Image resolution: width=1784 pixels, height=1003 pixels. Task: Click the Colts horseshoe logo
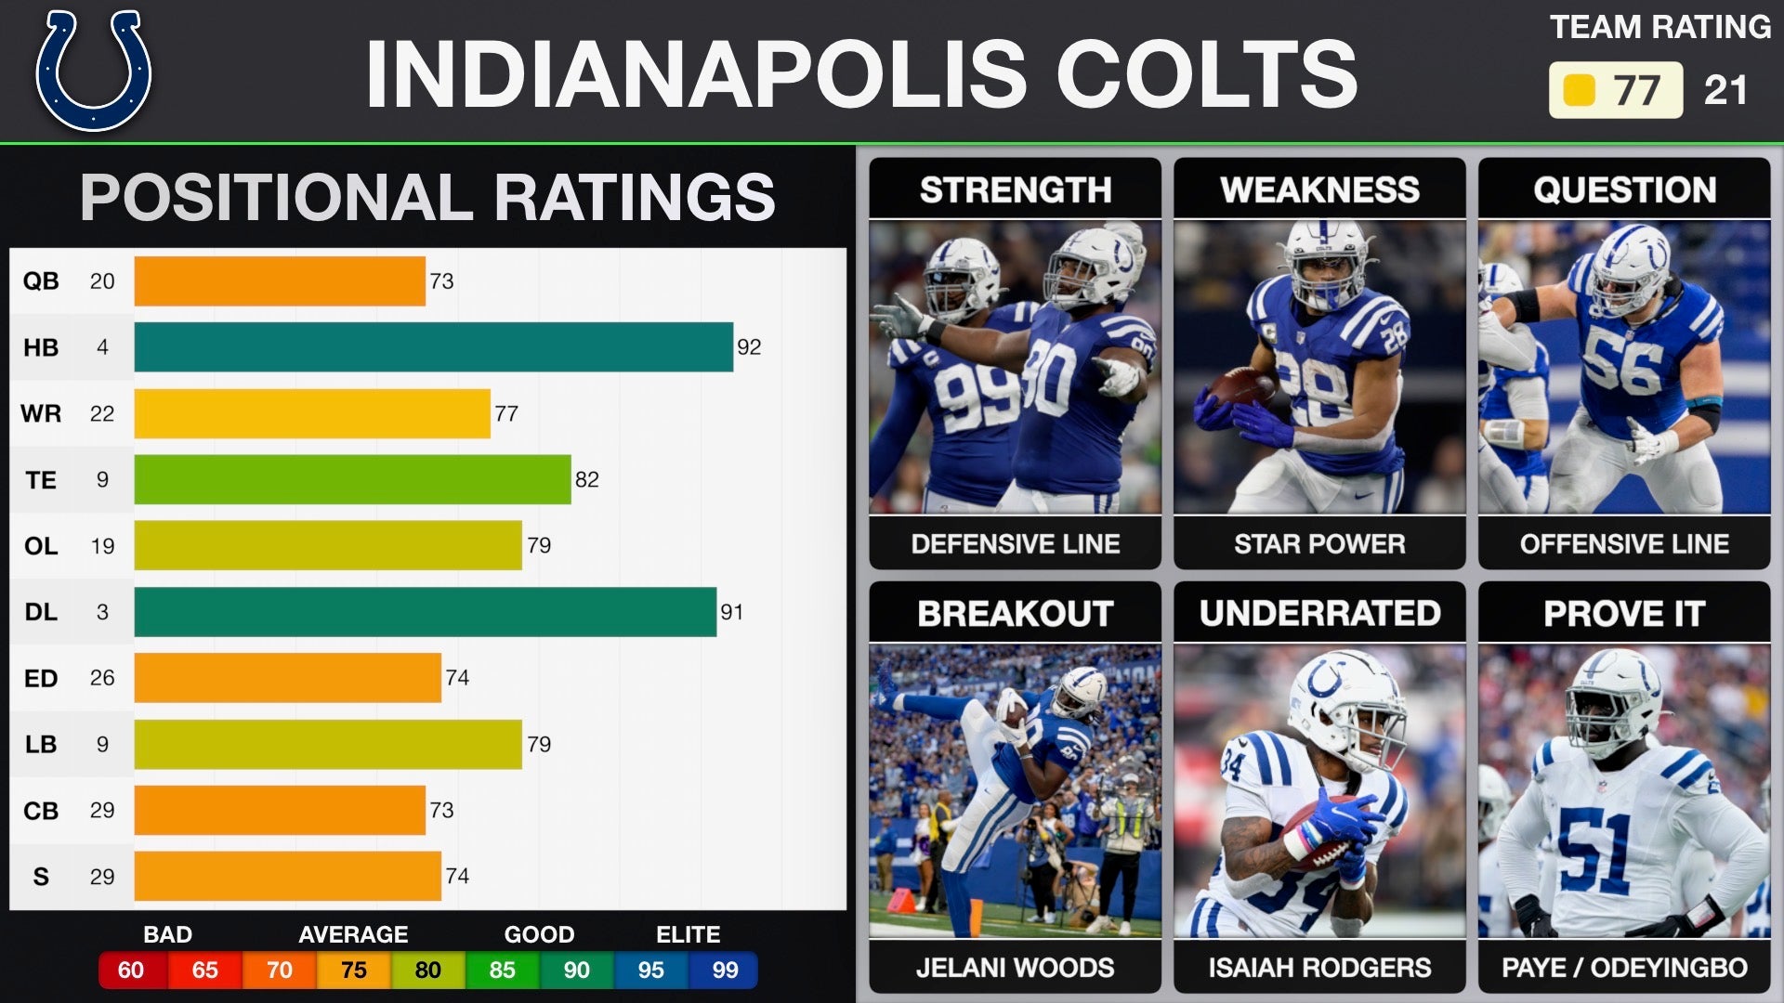click(x=93, y=71)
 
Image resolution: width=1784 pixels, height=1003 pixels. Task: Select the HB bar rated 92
click(x=433, y=347)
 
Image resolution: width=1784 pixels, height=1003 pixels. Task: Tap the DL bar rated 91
click(x=425, y=612)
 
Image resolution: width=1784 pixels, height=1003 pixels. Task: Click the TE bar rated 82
click(x=352, y=479)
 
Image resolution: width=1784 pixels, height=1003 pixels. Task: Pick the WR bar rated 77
click(x=312, y=413)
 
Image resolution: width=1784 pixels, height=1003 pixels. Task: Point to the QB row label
click(x=41, y=281)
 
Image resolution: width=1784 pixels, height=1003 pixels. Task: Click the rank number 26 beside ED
click(x=102, y=678)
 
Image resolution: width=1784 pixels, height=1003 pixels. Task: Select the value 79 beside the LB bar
click(x=539, y=745)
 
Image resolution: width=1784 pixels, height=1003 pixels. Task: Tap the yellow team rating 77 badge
click(x=1615, y=90)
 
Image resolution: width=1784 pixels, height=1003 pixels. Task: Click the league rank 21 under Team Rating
click(x=1725, y=90)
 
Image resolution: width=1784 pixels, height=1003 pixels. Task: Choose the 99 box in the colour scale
click(x=725, y=970)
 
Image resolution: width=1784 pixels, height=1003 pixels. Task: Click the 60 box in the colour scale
click(x=131, y=970)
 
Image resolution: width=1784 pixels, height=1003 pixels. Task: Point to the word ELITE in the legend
click(x=688, y=934)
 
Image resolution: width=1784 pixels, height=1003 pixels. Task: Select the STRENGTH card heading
click(x=1015, y=189)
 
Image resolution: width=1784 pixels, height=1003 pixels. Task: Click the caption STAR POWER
click(x=1319, y=544)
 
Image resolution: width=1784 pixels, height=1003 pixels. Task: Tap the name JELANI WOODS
click(x=1015, y=968)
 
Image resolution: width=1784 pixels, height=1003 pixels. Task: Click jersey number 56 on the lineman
click(x=1622, y=362)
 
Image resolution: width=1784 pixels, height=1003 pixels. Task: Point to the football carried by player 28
click(x=1241, y=385)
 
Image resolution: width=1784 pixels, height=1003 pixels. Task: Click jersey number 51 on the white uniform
click(x=1594, y=850)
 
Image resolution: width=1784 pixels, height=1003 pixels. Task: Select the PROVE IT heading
click(x=1624, y=614)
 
